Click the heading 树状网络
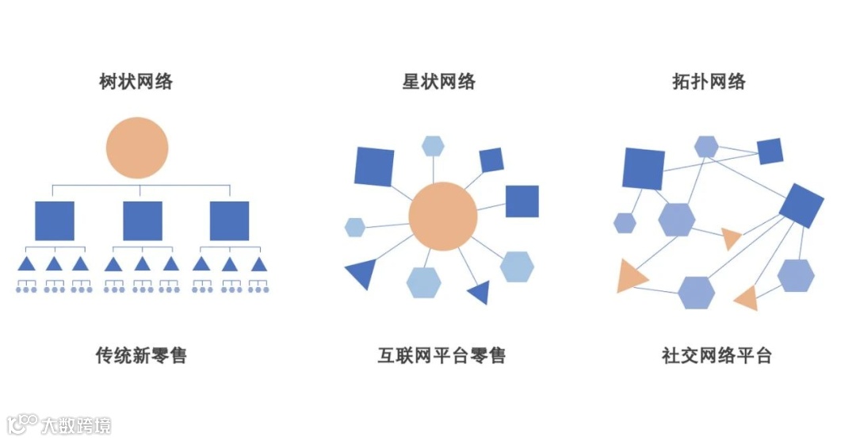click(136, 81)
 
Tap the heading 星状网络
click(438, 81)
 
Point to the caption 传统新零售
click(141, 355)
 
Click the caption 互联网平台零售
click(441, 355)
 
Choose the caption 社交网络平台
click(717, 355)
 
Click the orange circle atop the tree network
click(137, 148)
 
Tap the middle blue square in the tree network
click(143, 220)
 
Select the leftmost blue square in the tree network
click(55, 220)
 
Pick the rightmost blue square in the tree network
click(229, 220)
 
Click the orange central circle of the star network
click(443, 216)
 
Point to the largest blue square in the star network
click(374, 167)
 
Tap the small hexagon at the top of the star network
click(433, 146)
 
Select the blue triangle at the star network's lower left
click(361, 273)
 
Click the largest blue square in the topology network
click(643, 168)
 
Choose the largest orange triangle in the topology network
click(630, 277)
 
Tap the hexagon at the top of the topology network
click(706, 147)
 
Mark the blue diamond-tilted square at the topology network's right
click(801, 205)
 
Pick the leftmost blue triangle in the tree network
click(27, 263)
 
